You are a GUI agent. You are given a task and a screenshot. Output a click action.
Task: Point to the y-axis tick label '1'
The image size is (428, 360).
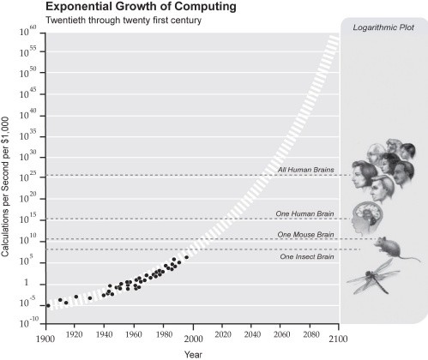[37, 283]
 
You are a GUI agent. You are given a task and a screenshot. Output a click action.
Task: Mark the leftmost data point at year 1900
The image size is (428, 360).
[49, 305]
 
